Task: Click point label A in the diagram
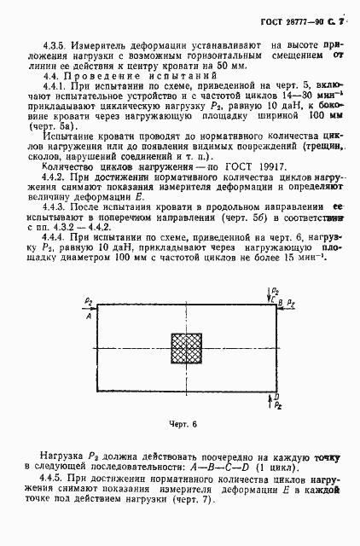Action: click(x=88, y=315)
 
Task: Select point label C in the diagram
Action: click(x=274, y=299)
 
